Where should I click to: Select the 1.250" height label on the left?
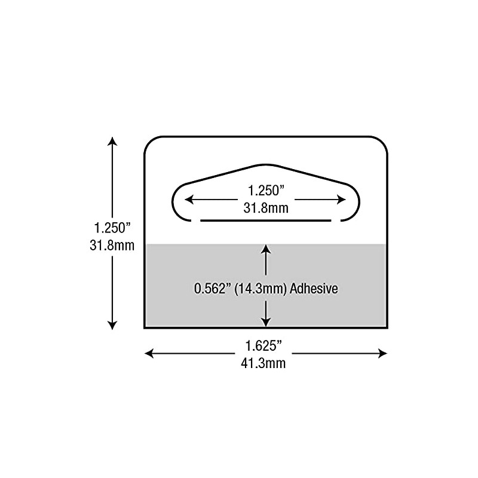coord(112,228)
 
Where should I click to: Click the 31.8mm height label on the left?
coord(112,244)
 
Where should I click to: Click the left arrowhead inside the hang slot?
coord(187,200)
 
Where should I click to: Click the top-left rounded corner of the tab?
coord(151,142)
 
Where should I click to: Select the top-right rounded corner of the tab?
coord(382,142)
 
